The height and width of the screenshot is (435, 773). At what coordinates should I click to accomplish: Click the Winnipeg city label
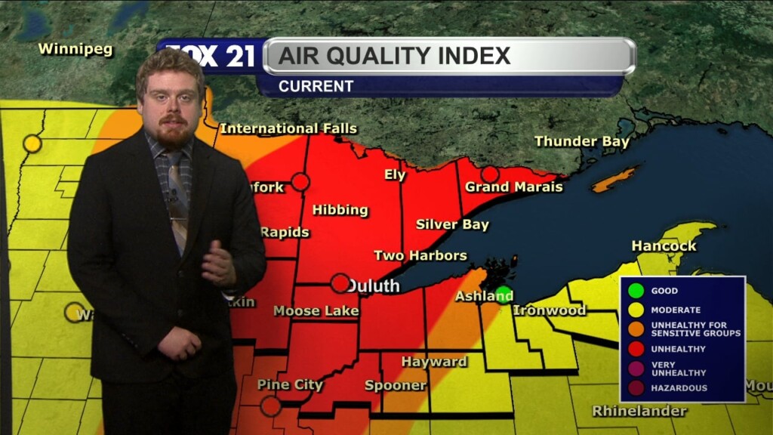click(x=75, y=50)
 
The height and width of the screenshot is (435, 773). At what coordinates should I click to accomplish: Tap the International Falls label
click(x=288, y=129)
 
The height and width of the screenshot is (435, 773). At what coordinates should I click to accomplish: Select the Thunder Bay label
click(x=581, y=141)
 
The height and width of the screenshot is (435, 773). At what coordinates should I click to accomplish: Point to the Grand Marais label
click(x=513, y=187)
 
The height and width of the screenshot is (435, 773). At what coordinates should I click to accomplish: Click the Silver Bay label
click(x=452, y=224)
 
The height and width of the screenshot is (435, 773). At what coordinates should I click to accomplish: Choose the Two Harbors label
click(x=420, y=255)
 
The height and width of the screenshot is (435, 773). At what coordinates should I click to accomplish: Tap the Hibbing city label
click(x=340, y=210)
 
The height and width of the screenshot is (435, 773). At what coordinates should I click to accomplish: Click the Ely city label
click(x=395, y=175)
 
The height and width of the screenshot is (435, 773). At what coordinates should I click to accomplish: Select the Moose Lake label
click(x=316, y=310)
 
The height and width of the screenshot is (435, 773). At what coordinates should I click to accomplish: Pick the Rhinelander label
click(x=639, y=412)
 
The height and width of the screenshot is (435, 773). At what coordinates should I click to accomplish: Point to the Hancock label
click(x=664, y=246)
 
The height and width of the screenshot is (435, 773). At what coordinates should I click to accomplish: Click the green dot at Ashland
click(x=503, y=292)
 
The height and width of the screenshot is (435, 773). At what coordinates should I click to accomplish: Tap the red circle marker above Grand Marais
click(x=490, y=174)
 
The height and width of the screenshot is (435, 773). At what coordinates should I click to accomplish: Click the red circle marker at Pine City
click(x=270, y=406)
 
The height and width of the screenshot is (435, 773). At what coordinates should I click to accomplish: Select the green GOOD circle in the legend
click(x=636, y=290)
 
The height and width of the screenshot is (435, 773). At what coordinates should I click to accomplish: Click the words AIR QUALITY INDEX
click(x=393, y=56)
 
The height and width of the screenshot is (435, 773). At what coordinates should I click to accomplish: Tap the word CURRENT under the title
click(x=316, y=86)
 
